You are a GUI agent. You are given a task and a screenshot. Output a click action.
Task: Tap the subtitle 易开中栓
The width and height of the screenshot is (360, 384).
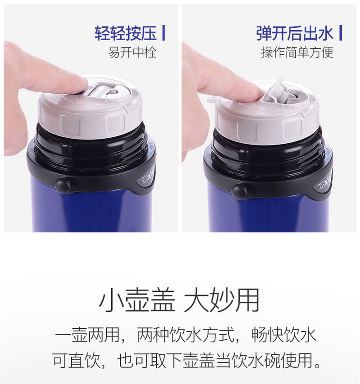pyautogui.click(x=132, y=52)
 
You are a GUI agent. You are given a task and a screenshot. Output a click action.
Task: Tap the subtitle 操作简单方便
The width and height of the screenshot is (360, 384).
pyautogui.click(x=297, y=52)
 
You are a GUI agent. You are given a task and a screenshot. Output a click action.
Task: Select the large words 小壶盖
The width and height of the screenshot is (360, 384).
pyautogui.click(x=137, y=300)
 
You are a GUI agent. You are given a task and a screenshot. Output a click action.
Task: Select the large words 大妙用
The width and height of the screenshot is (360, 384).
pyautogui.click(x=221, y=300)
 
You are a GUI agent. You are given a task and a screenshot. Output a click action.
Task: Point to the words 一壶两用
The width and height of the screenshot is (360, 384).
pyautogui.click(x=87, y=335)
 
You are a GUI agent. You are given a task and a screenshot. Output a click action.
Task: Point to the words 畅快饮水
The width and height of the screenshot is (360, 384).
pyautogui.click(x=283, y=335)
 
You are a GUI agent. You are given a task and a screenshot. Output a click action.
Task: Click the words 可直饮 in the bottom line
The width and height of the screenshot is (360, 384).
pyautogui.click(x=76, y=360)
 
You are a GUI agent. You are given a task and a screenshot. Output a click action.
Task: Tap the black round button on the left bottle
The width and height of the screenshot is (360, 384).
pyautogui.click(x=62, y=186)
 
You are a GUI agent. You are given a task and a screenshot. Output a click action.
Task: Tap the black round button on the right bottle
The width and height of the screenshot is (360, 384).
pyautogui.click(x=239, y=191)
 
